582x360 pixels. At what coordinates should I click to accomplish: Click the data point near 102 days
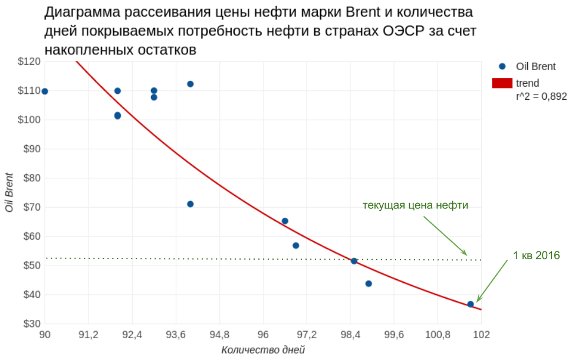point(471,304)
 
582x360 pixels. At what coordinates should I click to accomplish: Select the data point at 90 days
point(45,91)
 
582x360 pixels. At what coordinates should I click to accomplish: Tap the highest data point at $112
point(190,84)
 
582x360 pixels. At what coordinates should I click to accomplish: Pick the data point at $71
point(190,204)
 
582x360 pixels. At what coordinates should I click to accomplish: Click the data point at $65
point(285,221)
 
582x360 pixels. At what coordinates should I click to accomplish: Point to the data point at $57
point(296,246)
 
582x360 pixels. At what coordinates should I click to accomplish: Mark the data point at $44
point(369,283)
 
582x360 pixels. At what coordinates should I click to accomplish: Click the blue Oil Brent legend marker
point(502,67)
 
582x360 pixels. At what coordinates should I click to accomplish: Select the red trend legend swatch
point(502,83)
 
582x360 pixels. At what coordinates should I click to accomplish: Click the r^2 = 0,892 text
point(541,97)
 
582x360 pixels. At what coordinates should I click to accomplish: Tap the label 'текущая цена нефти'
point(415,205)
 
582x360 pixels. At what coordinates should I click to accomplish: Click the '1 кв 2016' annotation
point(536,256)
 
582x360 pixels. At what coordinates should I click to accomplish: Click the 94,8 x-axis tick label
point(219,335)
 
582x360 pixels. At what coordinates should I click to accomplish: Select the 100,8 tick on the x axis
point(437,335)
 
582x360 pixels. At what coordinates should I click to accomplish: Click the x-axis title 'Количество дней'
point(263,349)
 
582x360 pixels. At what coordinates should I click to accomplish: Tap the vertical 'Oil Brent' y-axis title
point(9,192)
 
